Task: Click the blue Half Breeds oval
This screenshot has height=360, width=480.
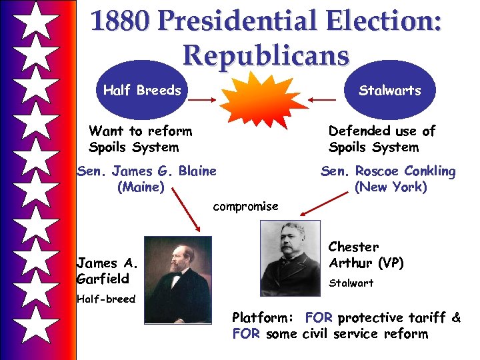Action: (142, 91)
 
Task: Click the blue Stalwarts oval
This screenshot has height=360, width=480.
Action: (390, 91)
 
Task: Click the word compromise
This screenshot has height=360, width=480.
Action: (245, 206)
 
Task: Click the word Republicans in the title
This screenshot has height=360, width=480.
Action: (266, 55)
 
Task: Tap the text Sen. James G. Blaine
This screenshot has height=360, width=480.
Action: (147, 171)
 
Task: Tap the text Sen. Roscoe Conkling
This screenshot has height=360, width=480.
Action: (388, 171)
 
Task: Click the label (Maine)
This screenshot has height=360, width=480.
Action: (141, 187)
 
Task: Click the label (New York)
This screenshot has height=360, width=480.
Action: (391, 187)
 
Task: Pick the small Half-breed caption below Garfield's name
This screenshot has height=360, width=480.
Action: (105, 299)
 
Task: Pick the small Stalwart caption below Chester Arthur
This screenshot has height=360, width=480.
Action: (351, 283)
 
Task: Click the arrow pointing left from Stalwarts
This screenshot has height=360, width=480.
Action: (323, 100)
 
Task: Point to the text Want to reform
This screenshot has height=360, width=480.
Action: (140, 131)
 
